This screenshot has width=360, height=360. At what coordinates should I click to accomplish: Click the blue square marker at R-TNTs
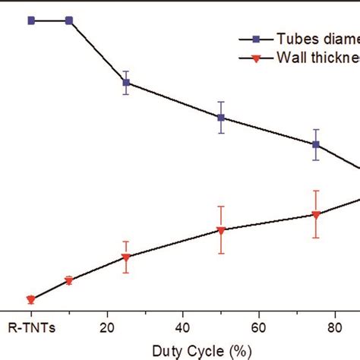pyautogui.click(x=31, y=21)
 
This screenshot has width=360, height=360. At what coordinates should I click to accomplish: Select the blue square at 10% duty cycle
pyautogui.click(x=69, y=21)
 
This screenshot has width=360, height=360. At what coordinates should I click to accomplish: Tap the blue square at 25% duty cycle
pyautogui.click(x=126, y=82)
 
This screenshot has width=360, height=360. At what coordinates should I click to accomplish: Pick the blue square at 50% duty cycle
pyautogui.click(x=221, y=118)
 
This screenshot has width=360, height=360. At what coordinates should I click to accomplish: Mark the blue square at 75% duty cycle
pyautogui.click(x=316, y=144)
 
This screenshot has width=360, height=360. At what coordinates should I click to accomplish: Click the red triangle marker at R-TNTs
pyautogui.click(x=31, y=300)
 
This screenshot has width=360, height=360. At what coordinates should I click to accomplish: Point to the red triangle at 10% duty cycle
pyautogui.click(x=69, y=281)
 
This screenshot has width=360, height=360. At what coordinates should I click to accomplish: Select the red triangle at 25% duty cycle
pyautogui.click(x=126, y=257)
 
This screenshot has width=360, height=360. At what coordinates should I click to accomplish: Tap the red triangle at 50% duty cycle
pyautogui.click(x=221, y=230)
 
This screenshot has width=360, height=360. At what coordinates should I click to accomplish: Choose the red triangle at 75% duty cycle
pyautogui.click(x=316, y=215)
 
